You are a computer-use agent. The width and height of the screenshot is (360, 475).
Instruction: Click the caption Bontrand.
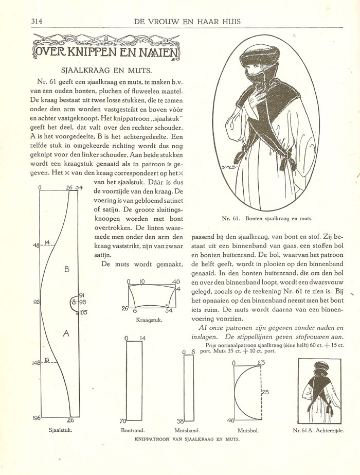coord(133,430)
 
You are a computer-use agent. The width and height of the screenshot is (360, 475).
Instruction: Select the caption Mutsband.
coord(187,430)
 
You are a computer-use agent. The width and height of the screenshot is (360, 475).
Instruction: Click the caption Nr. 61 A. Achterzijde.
coord(317,430)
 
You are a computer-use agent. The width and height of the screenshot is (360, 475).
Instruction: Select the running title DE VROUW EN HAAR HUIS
coord(187,21)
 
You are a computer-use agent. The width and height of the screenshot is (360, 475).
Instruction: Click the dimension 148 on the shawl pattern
coord(36,363)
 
